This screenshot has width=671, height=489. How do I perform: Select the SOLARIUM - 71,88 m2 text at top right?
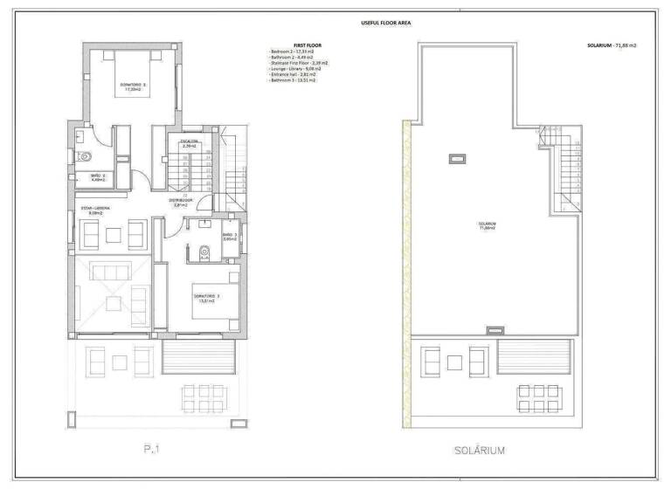coord(612,46)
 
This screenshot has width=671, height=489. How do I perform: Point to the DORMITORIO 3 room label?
coord(206,297)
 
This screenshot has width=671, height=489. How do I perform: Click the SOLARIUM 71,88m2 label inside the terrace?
coord(488,224)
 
